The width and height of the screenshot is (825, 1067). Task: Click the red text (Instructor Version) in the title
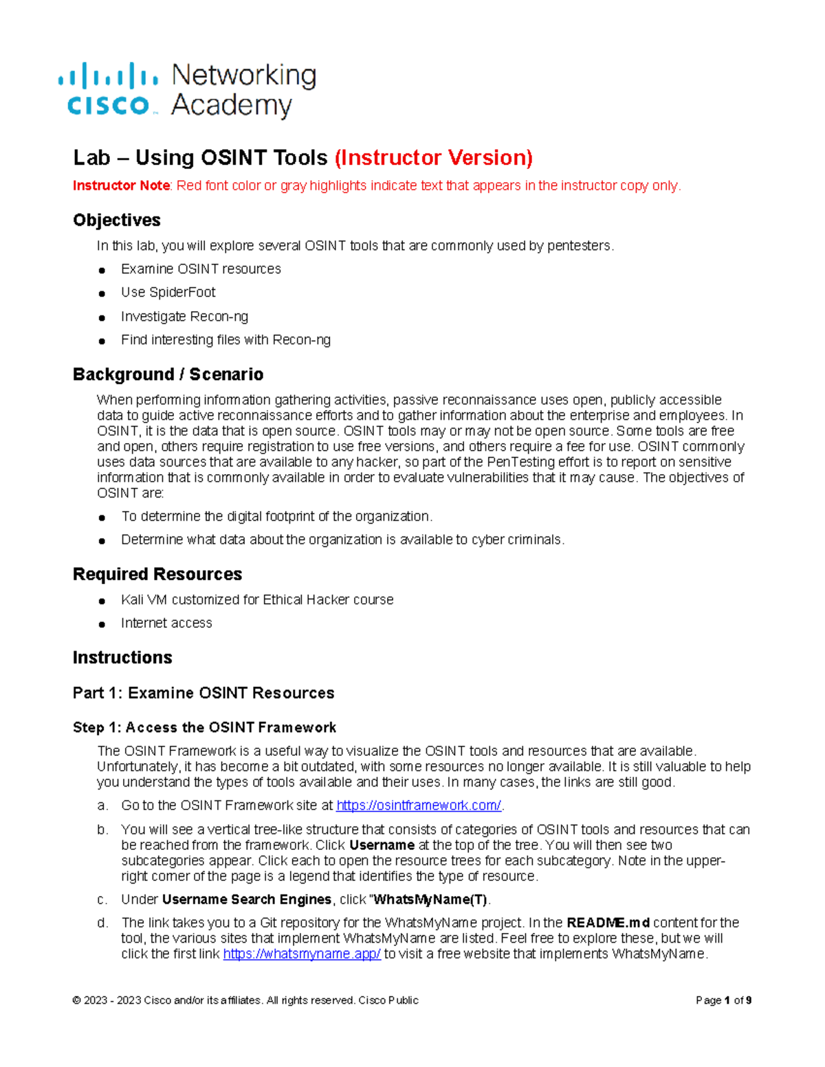433,158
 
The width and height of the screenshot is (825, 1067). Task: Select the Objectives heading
117,220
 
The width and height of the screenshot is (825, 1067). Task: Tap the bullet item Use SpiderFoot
168,293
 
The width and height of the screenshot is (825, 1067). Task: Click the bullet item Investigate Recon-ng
184,317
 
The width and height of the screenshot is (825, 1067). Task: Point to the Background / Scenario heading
168,374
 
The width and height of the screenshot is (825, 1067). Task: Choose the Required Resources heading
157,574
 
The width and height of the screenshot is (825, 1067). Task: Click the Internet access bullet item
166,623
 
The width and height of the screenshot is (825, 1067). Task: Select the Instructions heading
122,658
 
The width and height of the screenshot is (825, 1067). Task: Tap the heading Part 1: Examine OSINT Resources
203,693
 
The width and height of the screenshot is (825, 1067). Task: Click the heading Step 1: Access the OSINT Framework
204,728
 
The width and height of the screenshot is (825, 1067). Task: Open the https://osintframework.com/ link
418,805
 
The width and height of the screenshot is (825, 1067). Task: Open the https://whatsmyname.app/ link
302,954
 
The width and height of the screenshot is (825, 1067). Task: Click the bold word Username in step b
382,845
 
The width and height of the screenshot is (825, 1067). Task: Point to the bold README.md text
608,923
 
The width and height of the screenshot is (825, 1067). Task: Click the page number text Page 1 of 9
723,1000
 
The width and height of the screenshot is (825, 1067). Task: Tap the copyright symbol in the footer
76,1000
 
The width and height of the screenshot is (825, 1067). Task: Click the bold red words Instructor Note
121,186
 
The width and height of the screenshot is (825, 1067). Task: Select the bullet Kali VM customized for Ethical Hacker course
257,600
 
